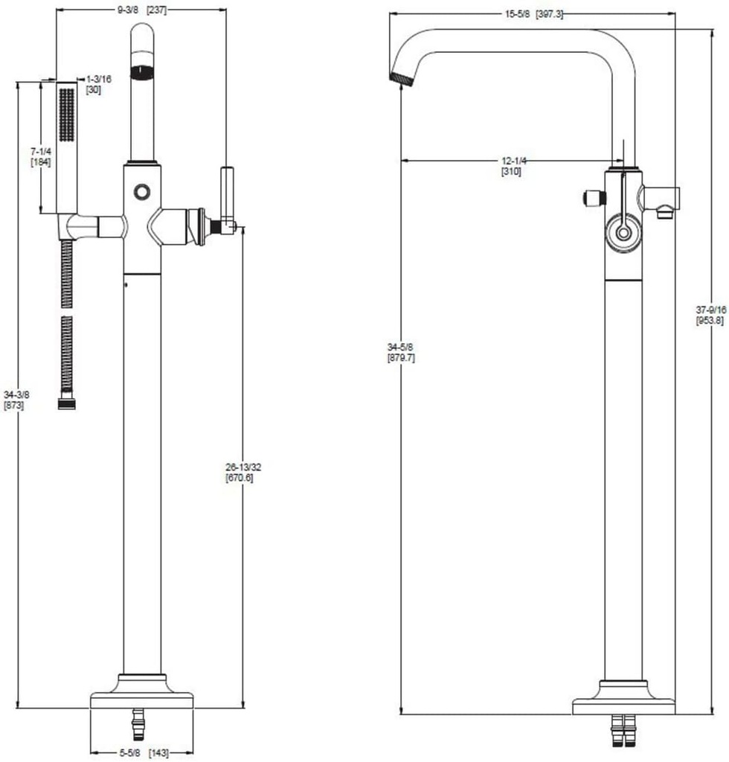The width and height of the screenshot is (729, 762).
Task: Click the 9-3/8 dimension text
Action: tap(127, 9)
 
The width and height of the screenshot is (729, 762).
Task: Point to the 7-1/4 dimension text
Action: tap(40, 151)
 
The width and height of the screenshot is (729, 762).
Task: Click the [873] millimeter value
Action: tap(15, 406)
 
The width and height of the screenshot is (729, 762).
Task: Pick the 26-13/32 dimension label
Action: tap(243, 467)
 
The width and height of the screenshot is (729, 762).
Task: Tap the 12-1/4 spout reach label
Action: tap(513, 161)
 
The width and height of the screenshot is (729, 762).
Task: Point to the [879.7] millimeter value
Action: tap(401, 358)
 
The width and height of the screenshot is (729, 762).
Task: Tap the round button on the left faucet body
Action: tap(141, 192)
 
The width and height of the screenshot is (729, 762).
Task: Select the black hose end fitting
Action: tap(66, 403)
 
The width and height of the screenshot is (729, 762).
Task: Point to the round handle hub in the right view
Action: tap(622, 232)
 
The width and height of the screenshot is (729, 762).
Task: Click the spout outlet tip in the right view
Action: tap(400, 76)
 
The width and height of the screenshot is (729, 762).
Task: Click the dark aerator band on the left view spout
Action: tap(141, 72)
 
